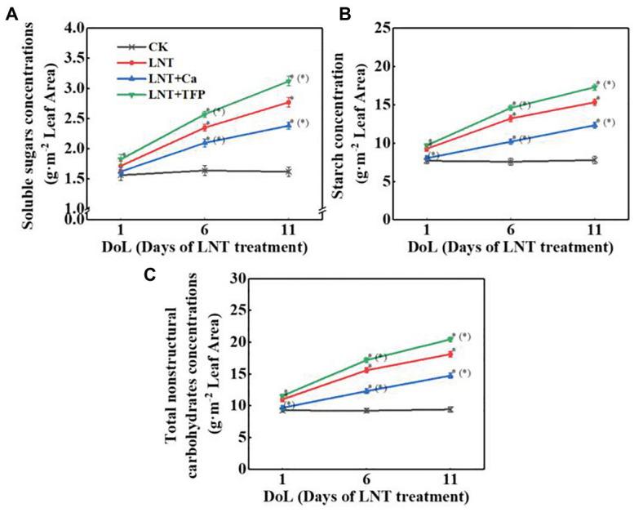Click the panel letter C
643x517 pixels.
[x=172, y=273]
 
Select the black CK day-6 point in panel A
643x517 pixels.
[x=205, y=170]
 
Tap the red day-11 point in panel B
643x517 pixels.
[x=593, y=101]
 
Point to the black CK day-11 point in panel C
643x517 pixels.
[x=447, y=409]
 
